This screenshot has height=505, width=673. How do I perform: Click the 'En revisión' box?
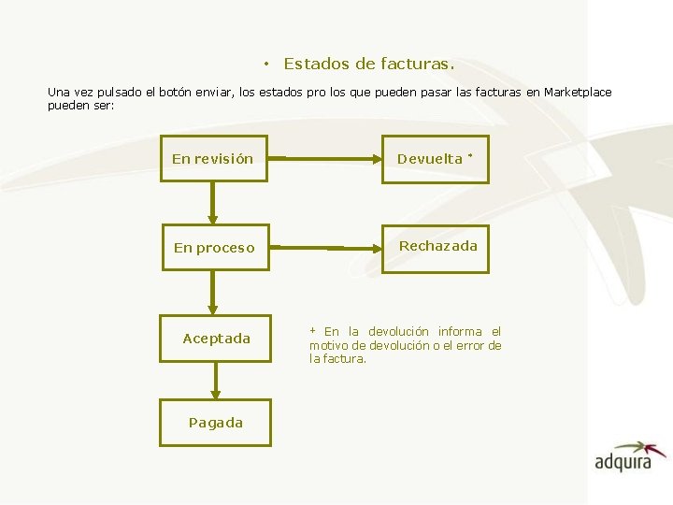(x=212, y=159)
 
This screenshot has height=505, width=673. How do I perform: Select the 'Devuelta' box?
(x=435, y=159)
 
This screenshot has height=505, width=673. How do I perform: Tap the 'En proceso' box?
(x=214, y=248)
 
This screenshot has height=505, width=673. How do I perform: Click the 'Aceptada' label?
(x=216, y=339)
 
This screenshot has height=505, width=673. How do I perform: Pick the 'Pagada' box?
(x=215, y=423)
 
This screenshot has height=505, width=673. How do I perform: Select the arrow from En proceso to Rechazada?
(x=324, y=248)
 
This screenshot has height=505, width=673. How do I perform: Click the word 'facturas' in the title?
(x=415, y=65)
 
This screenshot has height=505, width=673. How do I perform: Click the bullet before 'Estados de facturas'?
(x=266, y=65)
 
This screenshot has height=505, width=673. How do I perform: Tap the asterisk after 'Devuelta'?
(x=471, y=155)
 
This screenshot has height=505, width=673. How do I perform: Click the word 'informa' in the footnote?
(x=459, y=332)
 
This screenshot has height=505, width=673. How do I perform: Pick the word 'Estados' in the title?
(x=315, y=65)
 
